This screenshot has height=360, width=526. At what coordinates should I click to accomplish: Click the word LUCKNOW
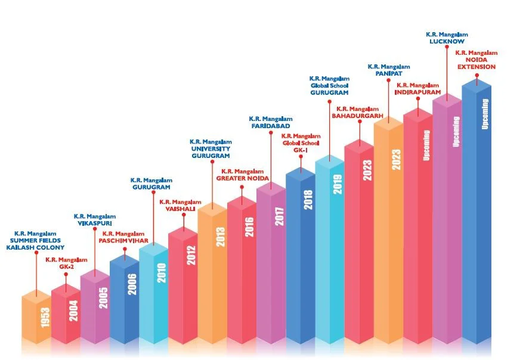coord(447,41)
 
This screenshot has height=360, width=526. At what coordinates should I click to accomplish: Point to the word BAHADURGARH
coord(357,116)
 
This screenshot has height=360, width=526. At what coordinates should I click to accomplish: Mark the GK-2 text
coord(66,268)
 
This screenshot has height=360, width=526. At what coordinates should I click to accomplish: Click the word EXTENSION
coord(476,67)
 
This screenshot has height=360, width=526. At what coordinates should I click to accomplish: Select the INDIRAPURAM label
coord(417,93)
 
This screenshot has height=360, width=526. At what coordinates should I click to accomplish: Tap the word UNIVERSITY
coord(210,148)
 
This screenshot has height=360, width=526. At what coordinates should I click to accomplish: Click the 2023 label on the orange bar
coord(397,160)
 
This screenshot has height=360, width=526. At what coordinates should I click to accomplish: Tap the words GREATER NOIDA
coord(243,178)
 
